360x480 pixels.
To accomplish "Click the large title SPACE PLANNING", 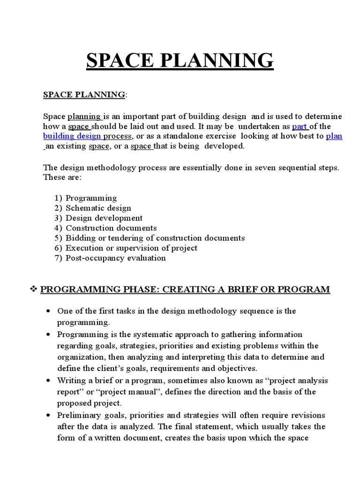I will [x=180, y=61].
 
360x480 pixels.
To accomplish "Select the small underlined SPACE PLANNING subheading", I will [x=84, y=95].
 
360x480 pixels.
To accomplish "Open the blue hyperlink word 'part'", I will [x=300, y=127].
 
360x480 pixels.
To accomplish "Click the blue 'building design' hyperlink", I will [x=72, y=136].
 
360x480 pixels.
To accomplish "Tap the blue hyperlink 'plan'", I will [x=334, y=136].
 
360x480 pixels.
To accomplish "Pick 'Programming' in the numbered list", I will [x=91, y=198].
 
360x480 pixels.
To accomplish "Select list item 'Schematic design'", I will [x=98, y=208].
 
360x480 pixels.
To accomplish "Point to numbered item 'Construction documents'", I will [x=111, y=228].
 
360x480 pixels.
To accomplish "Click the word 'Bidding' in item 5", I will [x=80, y=238].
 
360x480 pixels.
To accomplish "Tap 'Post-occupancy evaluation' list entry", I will [x=115, y=258].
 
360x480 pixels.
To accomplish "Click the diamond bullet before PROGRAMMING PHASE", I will [x=33, y=289].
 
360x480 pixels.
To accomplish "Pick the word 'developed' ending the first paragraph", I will [x=224, y=146].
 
